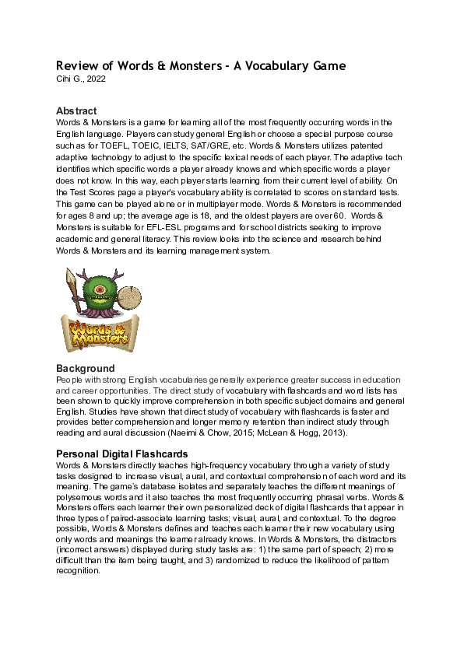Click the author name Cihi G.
69,79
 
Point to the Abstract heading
76,111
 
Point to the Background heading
86,368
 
